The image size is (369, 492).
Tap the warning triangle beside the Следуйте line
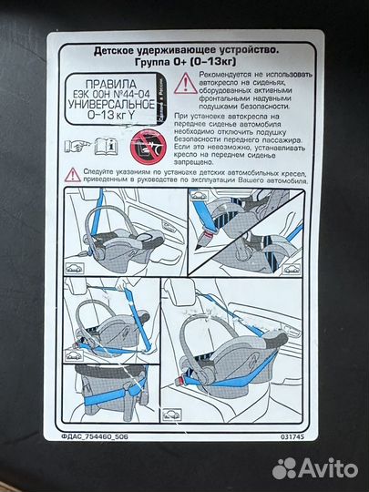coord(71,173)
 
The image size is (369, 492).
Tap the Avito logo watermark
coord(315,467)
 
